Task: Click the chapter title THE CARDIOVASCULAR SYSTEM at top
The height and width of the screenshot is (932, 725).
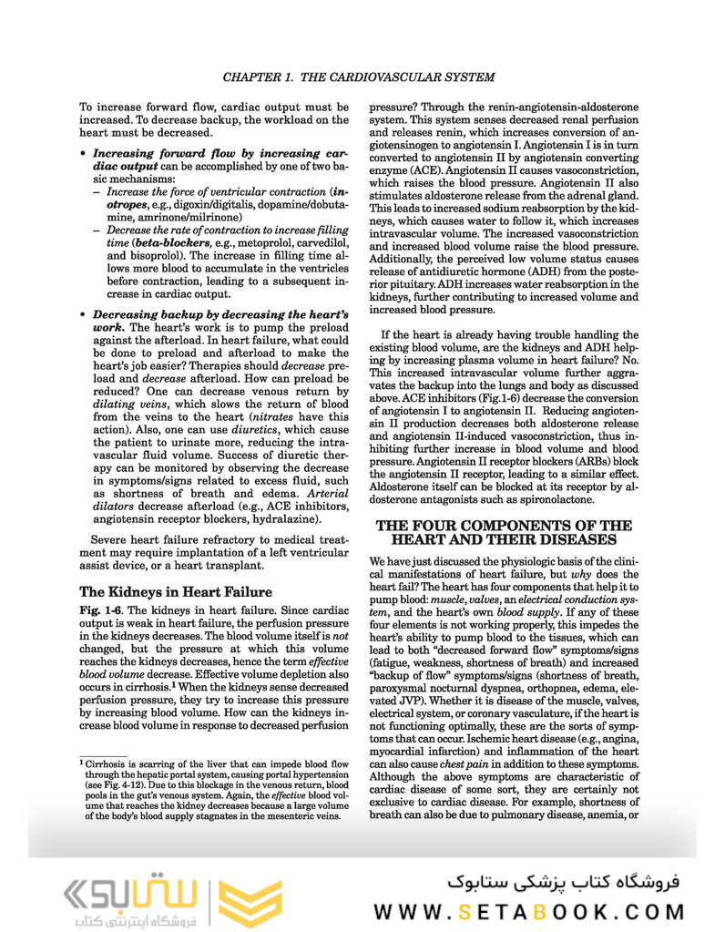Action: (359, 77)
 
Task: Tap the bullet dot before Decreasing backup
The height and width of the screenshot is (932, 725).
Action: (85, 315)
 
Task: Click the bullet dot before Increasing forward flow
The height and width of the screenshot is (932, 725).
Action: (85, 155)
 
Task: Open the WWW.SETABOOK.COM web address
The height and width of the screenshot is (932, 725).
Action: (528, 912)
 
